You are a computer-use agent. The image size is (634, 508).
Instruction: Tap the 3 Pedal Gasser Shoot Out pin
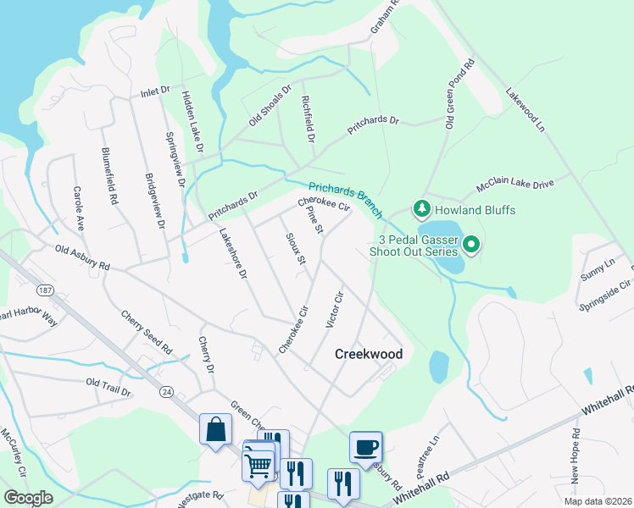click(473, 246)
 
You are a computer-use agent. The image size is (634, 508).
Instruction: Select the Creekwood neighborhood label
click(368, 354)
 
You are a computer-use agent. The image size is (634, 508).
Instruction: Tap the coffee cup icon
click(365, 447)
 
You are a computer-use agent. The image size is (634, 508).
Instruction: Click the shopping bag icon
click(215, 428)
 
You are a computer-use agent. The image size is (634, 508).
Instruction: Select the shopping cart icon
click(259, 463)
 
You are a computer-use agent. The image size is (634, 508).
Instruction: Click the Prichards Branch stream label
click(346, 200)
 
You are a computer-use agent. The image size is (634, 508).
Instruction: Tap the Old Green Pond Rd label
click(458, 93)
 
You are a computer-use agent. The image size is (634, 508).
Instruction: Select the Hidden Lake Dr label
click(192, 122)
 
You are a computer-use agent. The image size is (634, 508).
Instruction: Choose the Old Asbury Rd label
click(82, 257)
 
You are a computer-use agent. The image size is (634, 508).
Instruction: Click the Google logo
click(28, 498)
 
